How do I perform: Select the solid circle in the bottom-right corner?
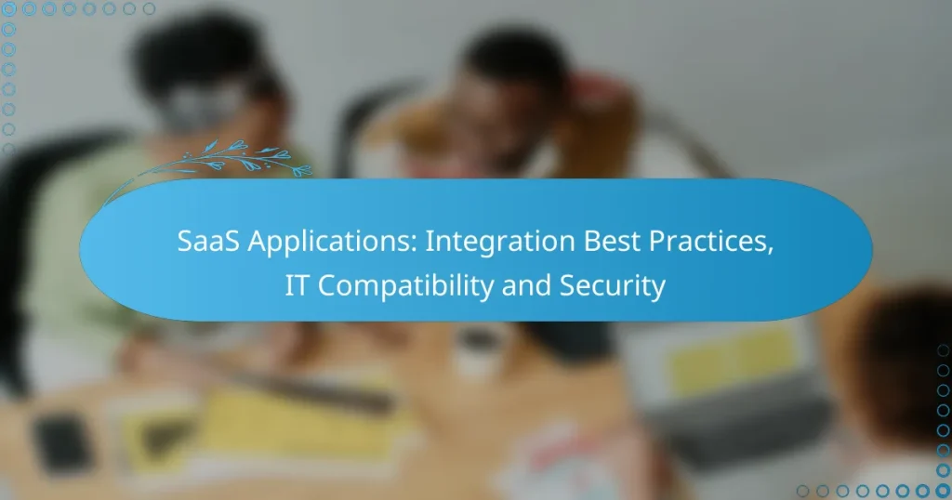[942, 490]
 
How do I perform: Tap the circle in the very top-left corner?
[9, 9]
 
